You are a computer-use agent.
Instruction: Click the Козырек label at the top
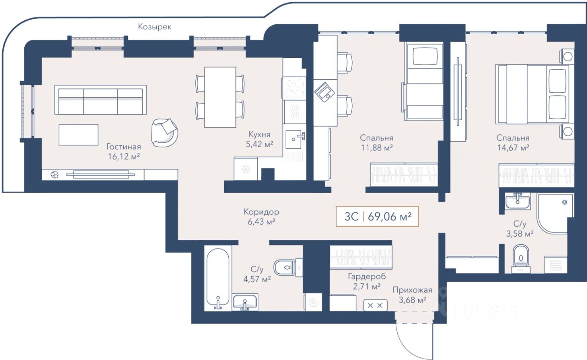155,27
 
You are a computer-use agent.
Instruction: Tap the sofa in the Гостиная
100,100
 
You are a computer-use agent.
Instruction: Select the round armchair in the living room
165,133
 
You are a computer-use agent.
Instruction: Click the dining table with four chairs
220,97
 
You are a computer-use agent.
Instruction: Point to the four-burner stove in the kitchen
294,89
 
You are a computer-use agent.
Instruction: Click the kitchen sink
295,139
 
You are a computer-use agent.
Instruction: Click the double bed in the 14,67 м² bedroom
532,94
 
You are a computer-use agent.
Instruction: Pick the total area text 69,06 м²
389,216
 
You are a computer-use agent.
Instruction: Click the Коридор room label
261,212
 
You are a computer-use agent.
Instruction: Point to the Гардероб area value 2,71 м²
366,286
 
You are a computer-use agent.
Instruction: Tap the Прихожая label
412,290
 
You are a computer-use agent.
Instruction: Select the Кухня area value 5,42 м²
260,144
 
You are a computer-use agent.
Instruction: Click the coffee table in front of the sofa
78,135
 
